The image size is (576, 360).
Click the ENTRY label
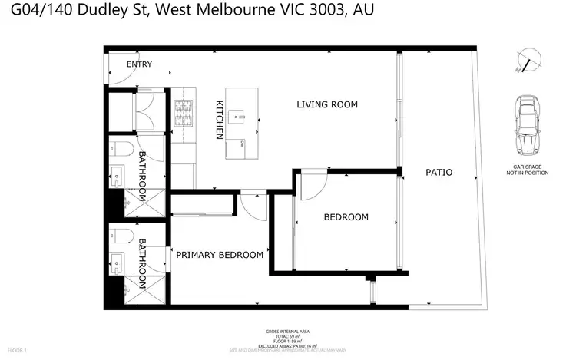point(139,64)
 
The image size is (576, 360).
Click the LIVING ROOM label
point(327,104)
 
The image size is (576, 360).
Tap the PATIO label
point(439,173)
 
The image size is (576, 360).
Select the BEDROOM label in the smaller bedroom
point(346,217)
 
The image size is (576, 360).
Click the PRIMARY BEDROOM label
point(220,255)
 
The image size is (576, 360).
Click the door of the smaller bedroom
point(313,183)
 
